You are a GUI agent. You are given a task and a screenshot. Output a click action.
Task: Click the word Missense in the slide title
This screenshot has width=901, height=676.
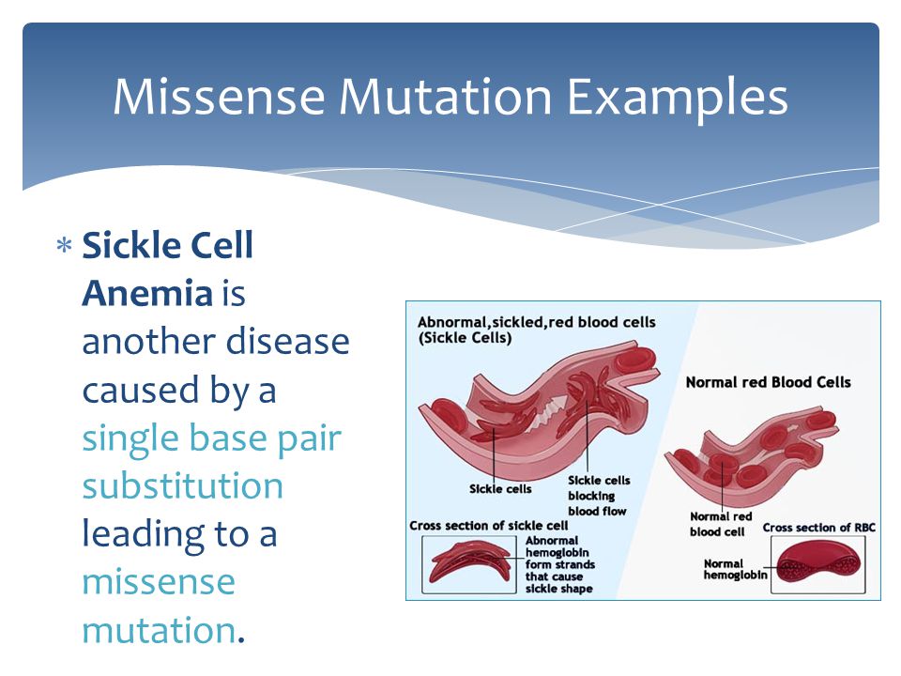pos(219,96)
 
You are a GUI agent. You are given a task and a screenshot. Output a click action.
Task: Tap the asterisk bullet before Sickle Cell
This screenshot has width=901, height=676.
pos(65,245)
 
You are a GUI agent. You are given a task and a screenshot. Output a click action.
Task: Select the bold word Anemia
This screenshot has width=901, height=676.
pos(147,293)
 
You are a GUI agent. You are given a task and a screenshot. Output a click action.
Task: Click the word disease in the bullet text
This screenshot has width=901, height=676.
pos(288,341)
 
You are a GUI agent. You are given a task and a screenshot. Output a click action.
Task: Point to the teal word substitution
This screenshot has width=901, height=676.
pos(183,485)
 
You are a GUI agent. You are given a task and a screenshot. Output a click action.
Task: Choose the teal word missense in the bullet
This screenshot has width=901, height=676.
pos(159,582)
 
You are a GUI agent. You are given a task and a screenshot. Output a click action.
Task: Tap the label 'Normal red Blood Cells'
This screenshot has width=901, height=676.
pos(769,382)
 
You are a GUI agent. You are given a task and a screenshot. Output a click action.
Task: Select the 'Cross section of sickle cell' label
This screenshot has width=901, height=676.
pos(488,526)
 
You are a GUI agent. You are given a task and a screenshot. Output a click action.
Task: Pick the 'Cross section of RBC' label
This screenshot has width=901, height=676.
pos(818,528)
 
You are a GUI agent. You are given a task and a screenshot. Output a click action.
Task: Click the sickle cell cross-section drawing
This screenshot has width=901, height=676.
pos(470,562)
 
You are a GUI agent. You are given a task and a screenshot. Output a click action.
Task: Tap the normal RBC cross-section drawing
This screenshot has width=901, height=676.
pos(818,564)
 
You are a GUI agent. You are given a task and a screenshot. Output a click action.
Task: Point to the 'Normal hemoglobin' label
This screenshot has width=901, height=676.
pos(735,569)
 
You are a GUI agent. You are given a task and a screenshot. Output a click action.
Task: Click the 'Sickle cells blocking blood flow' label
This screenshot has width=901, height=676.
pos(599,496)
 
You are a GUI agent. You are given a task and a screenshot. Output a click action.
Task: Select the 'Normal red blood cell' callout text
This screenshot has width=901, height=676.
pos(721,524)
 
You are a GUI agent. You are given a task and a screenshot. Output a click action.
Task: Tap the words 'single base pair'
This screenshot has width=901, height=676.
pos(211,439)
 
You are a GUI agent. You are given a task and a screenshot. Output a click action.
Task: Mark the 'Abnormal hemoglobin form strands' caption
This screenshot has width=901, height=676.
pos(559,564)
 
